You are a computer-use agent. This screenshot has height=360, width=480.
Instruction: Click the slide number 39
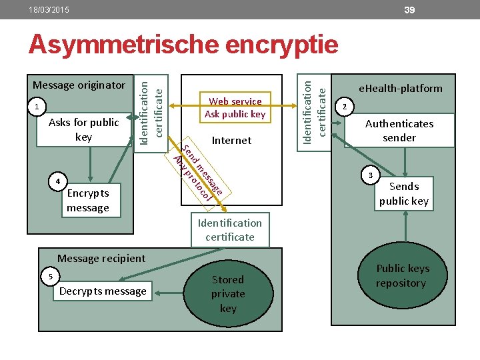click(410, 9)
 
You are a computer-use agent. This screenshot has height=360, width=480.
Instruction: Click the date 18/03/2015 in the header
click(49, 11)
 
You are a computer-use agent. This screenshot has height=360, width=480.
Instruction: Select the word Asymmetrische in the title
click(124, 45)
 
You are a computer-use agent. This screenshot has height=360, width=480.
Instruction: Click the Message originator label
click(79, 85)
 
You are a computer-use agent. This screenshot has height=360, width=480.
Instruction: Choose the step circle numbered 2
click(344, 106)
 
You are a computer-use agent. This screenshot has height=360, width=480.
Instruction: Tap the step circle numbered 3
click(371, 175)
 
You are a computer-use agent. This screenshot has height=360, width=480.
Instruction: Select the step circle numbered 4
click(59, 181)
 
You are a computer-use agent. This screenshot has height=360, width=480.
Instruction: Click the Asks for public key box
click(84, 129)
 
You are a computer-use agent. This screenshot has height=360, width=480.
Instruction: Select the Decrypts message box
click(103, 291)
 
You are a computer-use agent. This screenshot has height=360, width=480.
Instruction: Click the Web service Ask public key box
click(235, 107)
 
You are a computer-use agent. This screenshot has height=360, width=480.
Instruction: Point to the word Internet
click(231, 140)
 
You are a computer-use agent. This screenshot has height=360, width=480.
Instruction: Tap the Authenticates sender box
click(399, 130)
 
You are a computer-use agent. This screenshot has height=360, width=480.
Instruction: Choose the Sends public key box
click(404, 193)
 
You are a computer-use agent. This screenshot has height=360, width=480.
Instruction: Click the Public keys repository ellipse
click(402, 275)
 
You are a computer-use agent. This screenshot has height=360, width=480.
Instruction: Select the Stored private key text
click(228, 293)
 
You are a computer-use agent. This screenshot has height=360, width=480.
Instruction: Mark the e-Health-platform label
click(400, 88)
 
